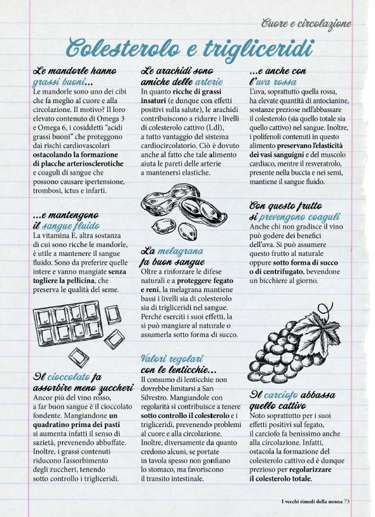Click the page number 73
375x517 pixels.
[347, 499]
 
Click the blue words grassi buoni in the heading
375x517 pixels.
[59, 83]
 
